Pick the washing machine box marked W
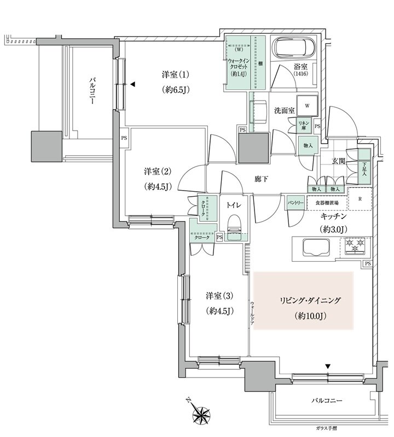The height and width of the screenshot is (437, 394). tap(308, 105)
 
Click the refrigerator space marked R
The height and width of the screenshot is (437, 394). tap(360, 199)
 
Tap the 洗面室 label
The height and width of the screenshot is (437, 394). tap(285, 110)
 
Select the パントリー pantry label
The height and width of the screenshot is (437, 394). tap(296, 202)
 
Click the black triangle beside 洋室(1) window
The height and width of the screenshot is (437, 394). tap(132, 84)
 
